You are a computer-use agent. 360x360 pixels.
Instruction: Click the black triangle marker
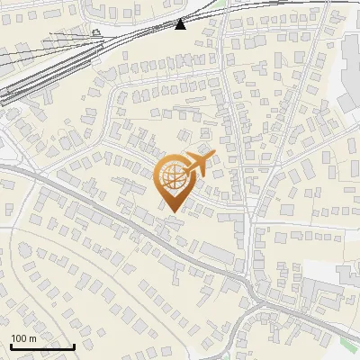click(x=181, y=23)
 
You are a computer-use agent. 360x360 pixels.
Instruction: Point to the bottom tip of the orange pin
click(x=171, y=211)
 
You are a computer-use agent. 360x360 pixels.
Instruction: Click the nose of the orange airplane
click(x=212, y=156)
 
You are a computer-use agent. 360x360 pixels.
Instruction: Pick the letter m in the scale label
click(x=34, y=339)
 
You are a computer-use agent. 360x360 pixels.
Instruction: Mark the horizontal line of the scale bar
click(x=42, y=346)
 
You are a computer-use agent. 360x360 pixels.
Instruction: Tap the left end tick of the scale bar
click(x=11, y=345)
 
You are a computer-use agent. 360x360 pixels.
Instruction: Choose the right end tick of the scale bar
click(x=74, y=345)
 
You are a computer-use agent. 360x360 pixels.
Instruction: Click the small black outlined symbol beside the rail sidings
click(x=96, y=32)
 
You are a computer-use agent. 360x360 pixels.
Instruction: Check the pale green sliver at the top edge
click(x=220, y=3)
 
